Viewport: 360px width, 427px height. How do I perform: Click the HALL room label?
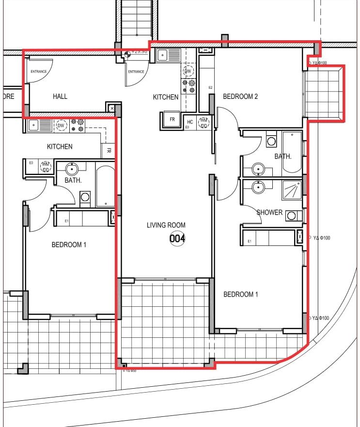point(60,96)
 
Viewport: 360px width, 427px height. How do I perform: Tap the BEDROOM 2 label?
point(240,96)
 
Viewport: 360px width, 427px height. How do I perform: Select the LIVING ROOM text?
point(166,225)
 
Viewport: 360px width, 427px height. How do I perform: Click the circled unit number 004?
point(177,238)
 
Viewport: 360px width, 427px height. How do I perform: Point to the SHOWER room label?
point(269,212)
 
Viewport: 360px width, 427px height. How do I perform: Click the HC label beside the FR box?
point(190,122)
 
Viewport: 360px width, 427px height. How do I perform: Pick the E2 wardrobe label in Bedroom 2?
point(210,88)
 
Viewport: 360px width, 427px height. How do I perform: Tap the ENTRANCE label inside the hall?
point(39,72)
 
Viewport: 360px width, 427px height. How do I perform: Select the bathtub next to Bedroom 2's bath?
point(292,152)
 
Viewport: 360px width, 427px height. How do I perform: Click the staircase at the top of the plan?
point(136,19)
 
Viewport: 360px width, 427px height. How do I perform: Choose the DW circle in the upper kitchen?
point(188,71)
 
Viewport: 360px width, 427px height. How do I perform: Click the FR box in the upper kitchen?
point(172,120)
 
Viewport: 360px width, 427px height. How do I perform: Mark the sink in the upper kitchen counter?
point(163,55)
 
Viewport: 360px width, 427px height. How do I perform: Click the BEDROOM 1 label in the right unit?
point(240,294)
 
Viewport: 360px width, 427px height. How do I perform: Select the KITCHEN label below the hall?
point(60,146)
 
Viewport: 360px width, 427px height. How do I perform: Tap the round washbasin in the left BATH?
point(72,170)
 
